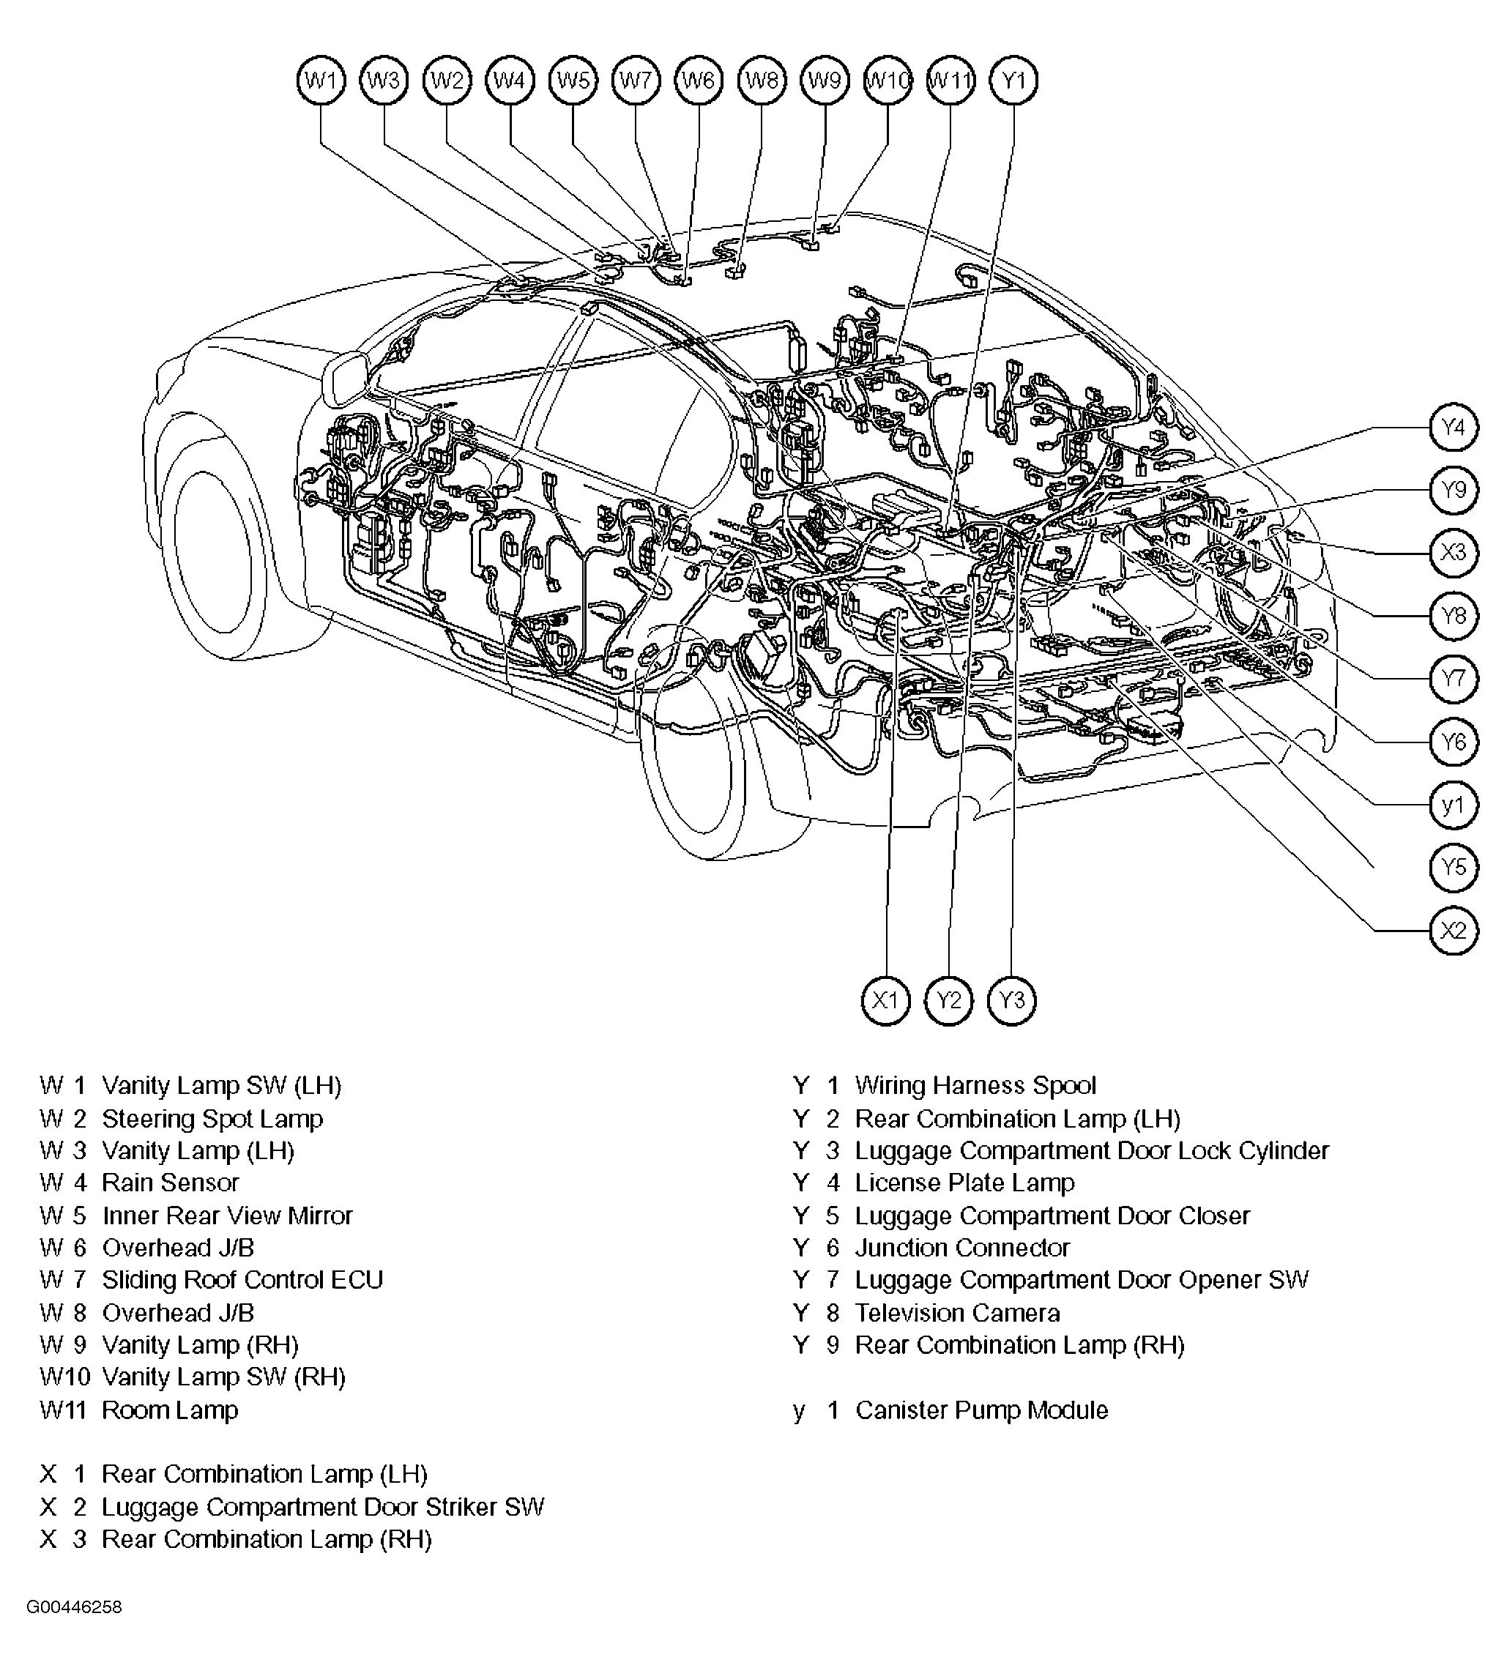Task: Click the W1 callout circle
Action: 320,81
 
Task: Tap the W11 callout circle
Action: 950,81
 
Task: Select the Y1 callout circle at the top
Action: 1013,81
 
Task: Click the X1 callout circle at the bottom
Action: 885,1000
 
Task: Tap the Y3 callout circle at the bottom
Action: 1011,1000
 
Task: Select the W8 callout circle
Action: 762,81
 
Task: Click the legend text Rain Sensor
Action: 170,1183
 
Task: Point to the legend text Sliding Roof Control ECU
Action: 242,1279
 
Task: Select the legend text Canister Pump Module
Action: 981,1410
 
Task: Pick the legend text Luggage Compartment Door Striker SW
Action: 323,1507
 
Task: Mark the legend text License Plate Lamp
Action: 964,1183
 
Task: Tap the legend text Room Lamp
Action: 170,1410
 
